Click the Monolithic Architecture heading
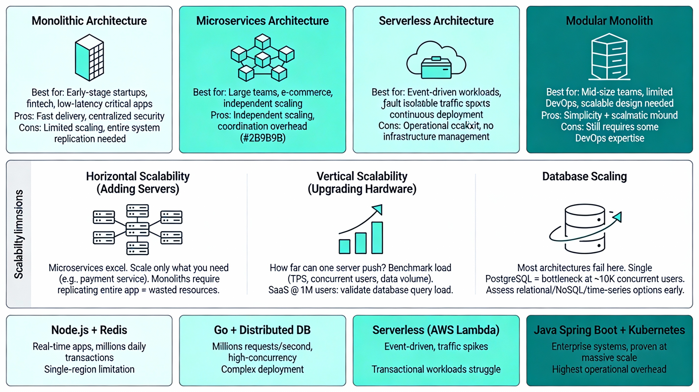pyautogui.click(x=89, y=21)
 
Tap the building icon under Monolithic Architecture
pyautogui.click(x=89, y=57)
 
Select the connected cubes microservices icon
pyautogui.click(x=262, y=58)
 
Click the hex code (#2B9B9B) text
pyautogui.click(x=263, y=138)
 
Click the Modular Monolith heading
pyautogui.click(x=609, y=21)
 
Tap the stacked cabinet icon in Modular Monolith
pyautogui.click(x=609, y=57)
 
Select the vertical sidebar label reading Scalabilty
pyautogui.click(x=19, y=234)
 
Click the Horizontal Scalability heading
pyautogui.click(x=138, y=182)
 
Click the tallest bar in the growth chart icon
pyautogui.click(x=377, y=238)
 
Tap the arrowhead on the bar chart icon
pyautogui.click(x=378, y=209)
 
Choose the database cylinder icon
pyautogui.click(x=585, y=229)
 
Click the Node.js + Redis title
pyautogui.click(x=89, y=330)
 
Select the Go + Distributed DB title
pyautogui.click(x=262, y=330)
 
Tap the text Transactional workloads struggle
pyautogui.click(x=436, y=369)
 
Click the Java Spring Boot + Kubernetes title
pyautogui.click(x=609, y=330)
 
